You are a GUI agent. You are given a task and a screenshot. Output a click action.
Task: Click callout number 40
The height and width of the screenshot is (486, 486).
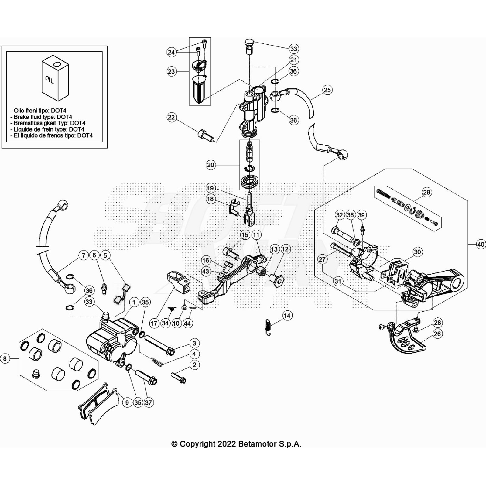(x=481, y=244)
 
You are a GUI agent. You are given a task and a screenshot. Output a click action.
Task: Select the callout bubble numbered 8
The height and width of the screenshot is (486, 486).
(x=5, y=359)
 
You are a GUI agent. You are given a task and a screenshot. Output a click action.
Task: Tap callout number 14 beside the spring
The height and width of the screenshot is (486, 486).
(x=287, y=316)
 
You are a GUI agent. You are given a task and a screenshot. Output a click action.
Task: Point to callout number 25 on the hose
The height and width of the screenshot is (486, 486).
(x=327, y=90)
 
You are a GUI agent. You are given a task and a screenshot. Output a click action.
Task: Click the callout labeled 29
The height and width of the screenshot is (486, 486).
(x=426, y=192)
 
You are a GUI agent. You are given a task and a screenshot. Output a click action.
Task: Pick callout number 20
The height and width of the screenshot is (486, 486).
(x=210, y=165)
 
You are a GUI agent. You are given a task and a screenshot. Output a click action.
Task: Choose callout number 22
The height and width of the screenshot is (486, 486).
(x=172, y=117)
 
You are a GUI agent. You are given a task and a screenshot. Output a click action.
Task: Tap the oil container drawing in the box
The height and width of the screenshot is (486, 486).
(x=55, y=78)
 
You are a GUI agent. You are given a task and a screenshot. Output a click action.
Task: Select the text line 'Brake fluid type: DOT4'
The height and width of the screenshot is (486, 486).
(x=43, y=117)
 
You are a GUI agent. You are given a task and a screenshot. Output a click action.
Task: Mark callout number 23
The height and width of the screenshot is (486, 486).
(x=171, y=71)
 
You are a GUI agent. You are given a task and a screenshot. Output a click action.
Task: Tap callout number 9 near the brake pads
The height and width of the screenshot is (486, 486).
(x=127, y=402)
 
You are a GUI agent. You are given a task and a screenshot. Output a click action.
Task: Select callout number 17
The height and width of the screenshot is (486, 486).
(x=154, y=323)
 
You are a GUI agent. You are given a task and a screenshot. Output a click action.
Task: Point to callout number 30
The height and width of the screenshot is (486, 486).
(x=417, y=252)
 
